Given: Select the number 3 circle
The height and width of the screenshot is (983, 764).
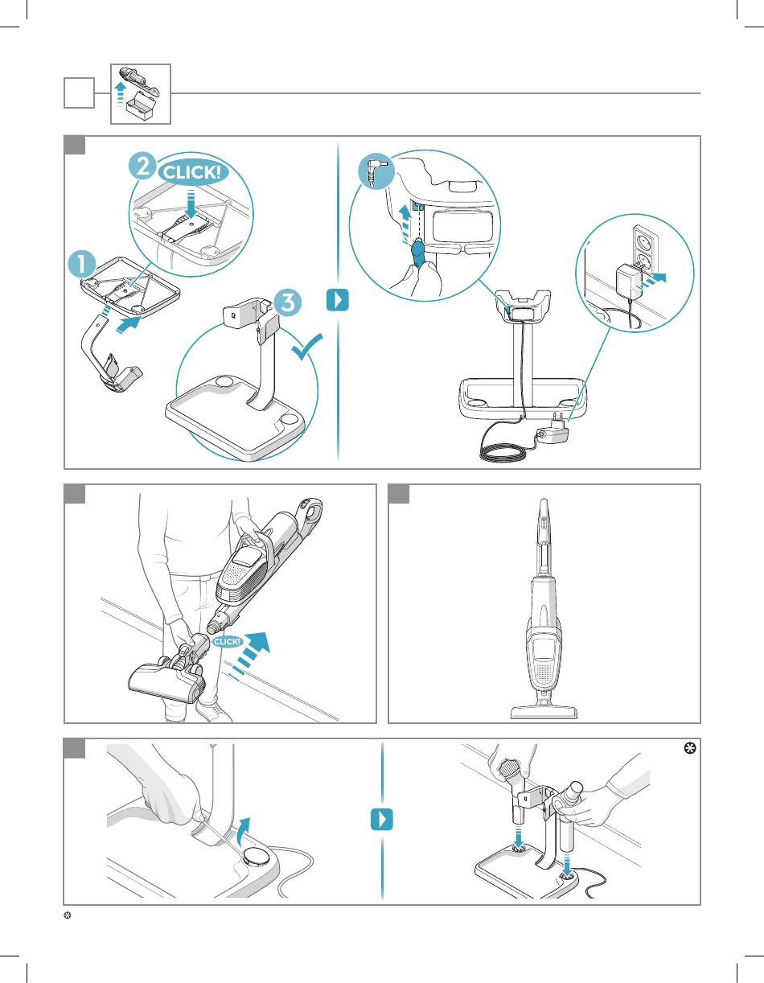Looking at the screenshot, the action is point(287,302).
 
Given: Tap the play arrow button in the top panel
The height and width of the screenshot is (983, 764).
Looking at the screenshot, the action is point(339,302).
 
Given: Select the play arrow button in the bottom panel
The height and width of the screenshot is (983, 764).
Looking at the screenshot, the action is point(382,820).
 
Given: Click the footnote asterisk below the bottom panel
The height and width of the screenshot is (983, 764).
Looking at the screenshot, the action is point(68,918).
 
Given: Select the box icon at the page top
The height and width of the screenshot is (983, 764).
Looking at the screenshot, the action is point(141,94).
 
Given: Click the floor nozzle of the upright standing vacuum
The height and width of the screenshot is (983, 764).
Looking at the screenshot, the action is point(544,710).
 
